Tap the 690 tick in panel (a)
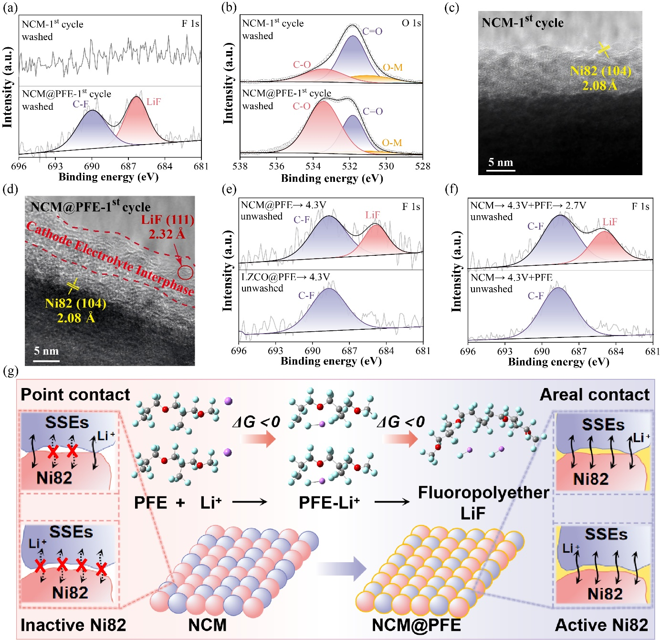coord(92,167)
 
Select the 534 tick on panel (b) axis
coord(313,167)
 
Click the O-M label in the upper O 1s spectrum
coord(393,68)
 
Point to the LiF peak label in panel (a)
coord(154,102)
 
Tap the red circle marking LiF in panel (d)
coord(185,273)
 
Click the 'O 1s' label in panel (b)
coord(411,23)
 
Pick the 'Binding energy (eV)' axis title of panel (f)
coord(558,362)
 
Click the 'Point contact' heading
coord(75,395)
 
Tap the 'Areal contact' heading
coord(594,395)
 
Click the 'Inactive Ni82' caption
coord(73,625)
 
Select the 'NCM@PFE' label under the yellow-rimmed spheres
coord(416,625)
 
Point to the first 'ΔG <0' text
coord(256,422)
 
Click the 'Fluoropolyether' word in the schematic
coord(483,493)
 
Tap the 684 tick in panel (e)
coord(386,351)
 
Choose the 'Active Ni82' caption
coord(601,625)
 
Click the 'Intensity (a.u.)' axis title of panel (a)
coord(7,87)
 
